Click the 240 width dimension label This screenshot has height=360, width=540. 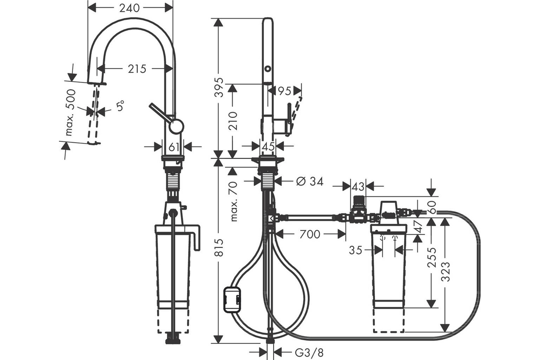[130, 8]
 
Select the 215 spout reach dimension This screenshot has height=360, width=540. [137, 69]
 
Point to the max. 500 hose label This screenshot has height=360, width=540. [70, 112]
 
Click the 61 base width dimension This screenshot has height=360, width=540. [174, 147]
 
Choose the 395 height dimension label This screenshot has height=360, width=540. [219, 87]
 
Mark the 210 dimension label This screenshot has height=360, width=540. [233, 121]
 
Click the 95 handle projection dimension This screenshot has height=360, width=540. [284, 91]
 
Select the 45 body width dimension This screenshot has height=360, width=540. [268, 146]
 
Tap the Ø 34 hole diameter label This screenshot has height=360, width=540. [310, 181]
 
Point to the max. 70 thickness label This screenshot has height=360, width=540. [234, 202]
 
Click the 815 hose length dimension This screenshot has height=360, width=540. [219, 247]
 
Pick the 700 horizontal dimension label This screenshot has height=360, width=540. [310, 234]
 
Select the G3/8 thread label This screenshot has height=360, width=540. [309, 353]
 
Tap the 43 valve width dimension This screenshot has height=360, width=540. [358, 186]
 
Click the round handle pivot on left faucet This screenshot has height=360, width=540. [176, 126]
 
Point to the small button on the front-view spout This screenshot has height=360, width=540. [268, 68]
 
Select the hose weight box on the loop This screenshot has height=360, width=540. [232, 300]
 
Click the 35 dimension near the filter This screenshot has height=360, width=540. [355, 250]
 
